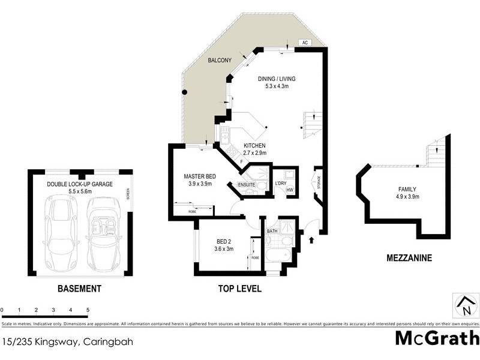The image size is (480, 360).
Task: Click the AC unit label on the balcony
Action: (x=305, y=43)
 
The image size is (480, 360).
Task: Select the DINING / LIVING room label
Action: (x=277, y=79)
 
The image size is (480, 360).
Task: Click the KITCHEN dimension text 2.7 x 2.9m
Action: (x=254, y=153)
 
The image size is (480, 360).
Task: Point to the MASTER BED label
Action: (x=199, y=176)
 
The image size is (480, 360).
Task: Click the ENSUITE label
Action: (x=247, y=184)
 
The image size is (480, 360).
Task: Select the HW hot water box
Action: (x=289, y=191)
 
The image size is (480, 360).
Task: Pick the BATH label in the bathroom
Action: (x=272, y=230)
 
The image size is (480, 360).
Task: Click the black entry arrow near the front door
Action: (x=311, y=241)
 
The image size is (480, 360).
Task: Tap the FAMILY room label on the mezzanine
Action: (x=406, y=189)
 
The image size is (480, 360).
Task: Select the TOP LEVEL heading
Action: (x=239, y=289)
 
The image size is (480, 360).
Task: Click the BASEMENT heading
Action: (x=79, y=289)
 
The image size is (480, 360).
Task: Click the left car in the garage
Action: (x=61, y=227)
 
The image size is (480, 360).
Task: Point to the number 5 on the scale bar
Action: (x=88, y=310)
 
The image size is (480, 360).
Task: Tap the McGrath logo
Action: (x=437, y=338)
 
